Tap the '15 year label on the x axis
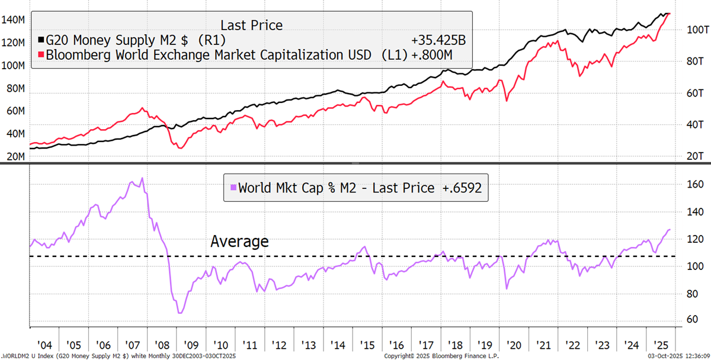click(x=364, y=345)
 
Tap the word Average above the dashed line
click(x=239, y=241)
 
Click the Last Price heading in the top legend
click(x=251, y=25)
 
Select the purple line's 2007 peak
click(x=142, y=178)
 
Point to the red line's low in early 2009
click(x=180, y=147)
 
